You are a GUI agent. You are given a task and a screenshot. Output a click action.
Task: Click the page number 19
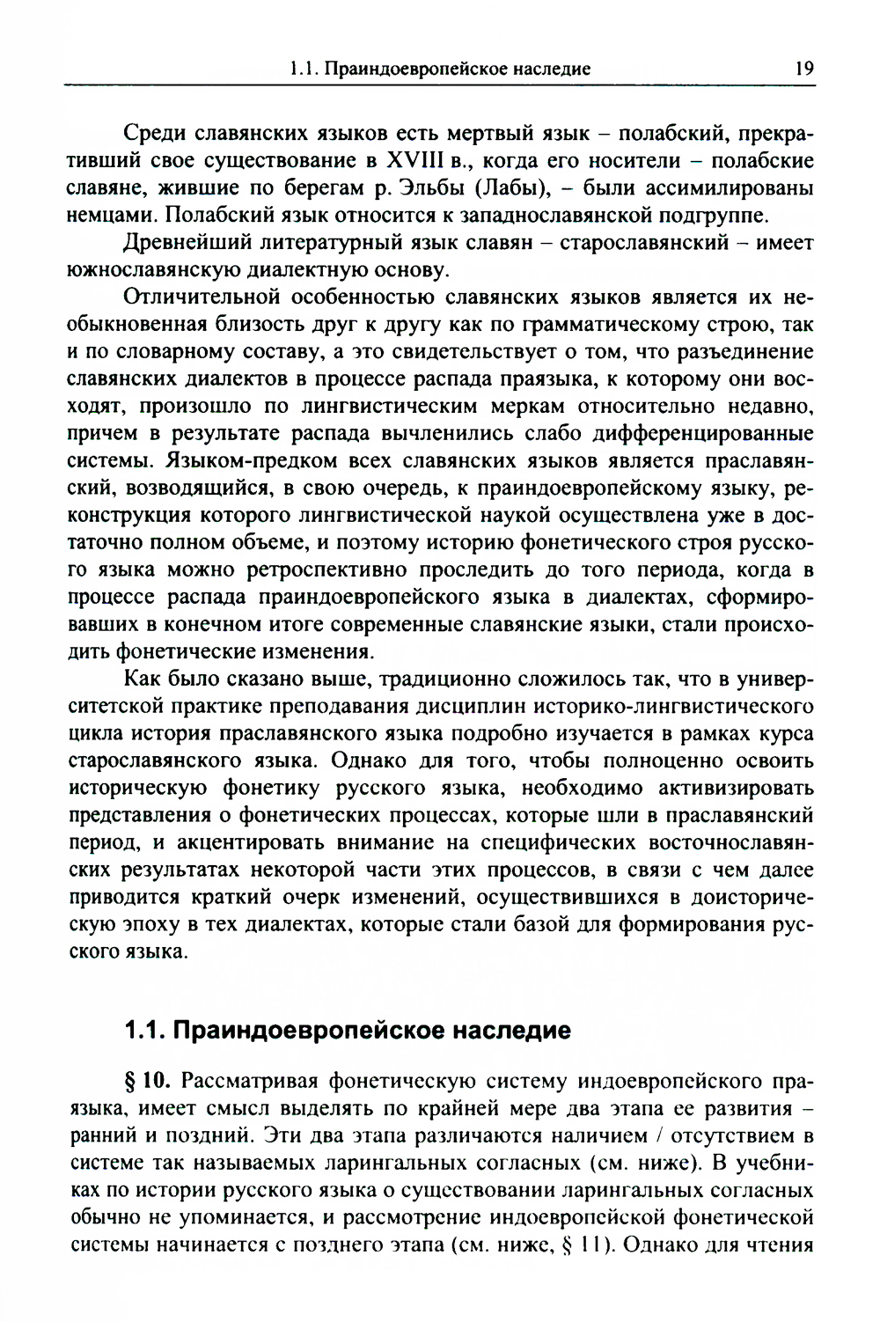tap(803, 68)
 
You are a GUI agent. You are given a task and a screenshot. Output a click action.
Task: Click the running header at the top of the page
tap(440, 68)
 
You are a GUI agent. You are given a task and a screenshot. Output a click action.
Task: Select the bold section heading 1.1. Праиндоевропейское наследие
tap(348, 1029)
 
